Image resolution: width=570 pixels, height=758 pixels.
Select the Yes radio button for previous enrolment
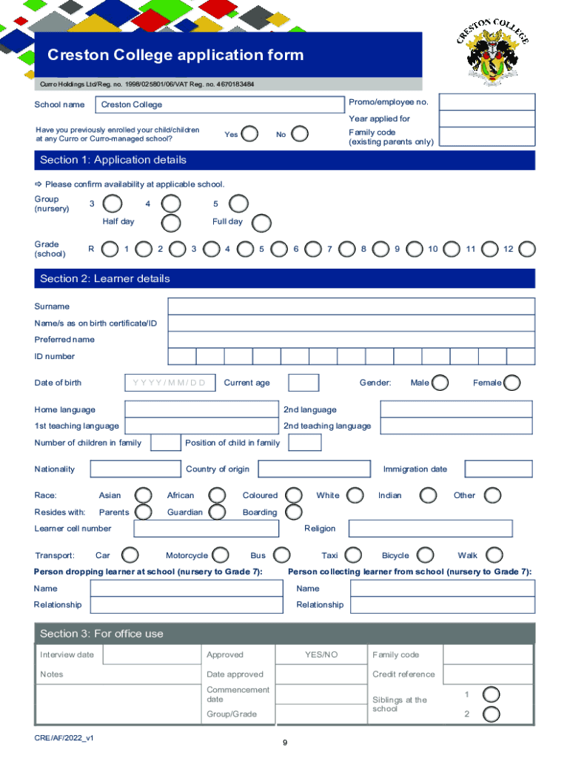tap(250, 134)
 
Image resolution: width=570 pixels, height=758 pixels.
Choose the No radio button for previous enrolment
tap(301, 134)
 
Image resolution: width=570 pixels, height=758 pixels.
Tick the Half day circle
tap(171, 223)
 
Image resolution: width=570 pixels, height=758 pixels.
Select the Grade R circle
tap(110, 249)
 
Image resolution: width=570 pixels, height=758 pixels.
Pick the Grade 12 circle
tap(527, 249)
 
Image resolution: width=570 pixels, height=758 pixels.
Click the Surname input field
tap(351, 306)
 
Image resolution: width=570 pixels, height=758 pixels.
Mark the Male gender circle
tap(440, 383)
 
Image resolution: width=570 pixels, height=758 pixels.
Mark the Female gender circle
tap(512, 383)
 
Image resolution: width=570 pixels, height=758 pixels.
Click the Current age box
tap(304, 383)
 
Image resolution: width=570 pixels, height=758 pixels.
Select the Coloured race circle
tap(294, 495)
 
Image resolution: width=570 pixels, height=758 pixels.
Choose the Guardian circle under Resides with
tap(217, 512)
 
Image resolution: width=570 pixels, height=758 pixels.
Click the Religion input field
tap(430, 529)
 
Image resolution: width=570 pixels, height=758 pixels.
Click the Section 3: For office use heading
tap(101, 634)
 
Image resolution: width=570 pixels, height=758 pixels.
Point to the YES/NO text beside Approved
tap(321, 655)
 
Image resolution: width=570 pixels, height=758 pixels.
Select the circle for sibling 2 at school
tap(491, 714)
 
